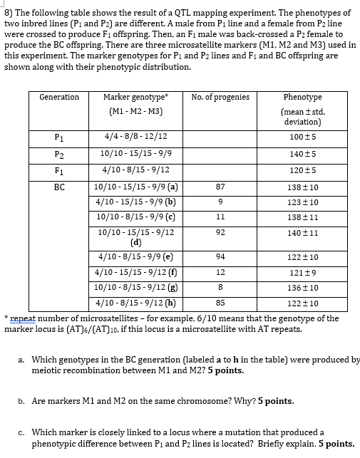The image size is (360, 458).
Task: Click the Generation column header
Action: (59, 97)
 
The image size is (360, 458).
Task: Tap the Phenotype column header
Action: (302, 97)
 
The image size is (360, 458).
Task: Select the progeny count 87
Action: (220, 186)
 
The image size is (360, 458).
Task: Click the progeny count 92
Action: (220, 231)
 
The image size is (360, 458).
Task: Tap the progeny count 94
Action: (220, 257)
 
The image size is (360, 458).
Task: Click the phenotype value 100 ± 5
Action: (302, 137)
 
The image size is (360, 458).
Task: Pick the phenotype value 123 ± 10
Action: (302, 202)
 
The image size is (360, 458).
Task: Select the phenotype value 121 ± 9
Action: (302, 274)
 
